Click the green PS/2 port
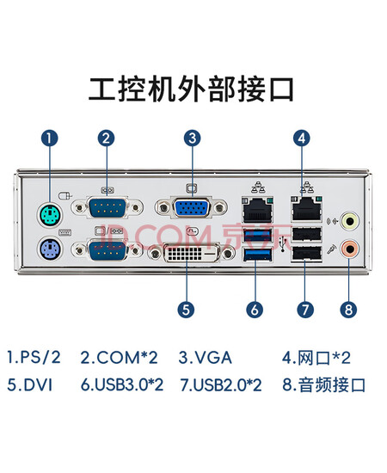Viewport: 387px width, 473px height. [x=51, y=215]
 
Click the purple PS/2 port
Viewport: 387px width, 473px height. [x=51, y=249]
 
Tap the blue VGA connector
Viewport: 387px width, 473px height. [x=191, y=207]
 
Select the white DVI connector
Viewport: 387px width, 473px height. [x=191, y=253]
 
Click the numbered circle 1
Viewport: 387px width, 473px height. [x=50, y=138]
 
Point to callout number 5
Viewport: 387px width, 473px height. [x=186, y=310]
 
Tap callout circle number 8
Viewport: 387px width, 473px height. [x=348, y=310]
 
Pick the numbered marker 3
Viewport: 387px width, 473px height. [x=193, y=138]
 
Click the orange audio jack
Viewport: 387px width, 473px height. [x=349, y=249]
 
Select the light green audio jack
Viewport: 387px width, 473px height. [x=349, y=221]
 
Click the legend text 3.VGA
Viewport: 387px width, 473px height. [x=206, y=358]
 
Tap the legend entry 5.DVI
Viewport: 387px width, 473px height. [x=29, y=385]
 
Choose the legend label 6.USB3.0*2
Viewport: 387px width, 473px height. [x=122, y=385]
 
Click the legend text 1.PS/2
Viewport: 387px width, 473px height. [x=34, y=357]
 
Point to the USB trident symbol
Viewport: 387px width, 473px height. [x=283, y=243]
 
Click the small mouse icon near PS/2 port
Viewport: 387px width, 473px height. [x=65, y=196]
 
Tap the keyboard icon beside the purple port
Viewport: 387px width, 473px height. [x=64, y=232]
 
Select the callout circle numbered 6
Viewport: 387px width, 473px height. [x=255, y=310]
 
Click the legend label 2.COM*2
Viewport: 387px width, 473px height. [x=119, y=358]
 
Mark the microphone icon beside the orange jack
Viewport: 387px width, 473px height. [x=332, y=249]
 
